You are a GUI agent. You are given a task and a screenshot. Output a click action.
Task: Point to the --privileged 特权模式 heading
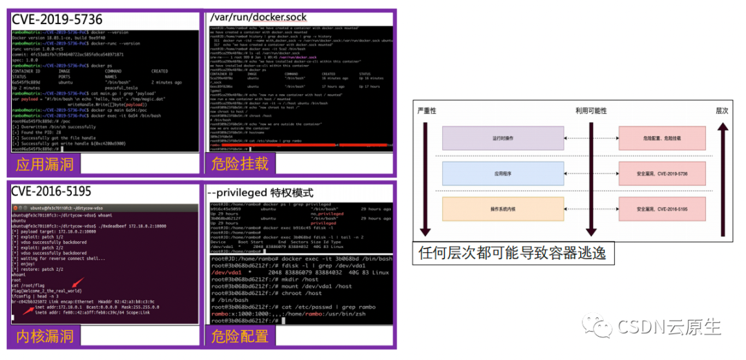[x=260, y=192]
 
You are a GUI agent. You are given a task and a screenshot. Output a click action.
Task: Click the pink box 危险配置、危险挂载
[x=662, y=138]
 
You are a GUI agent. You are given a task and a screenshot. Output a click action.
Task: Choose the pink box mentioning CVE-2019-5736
[x=662, y=173]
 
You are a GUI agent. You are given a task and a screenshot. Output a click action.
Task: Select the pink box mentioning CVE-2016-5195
[x=662, y=209]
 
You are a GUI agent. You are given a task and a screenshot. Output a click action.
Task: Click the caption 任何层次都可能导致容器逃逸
[x=512, y=253]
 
